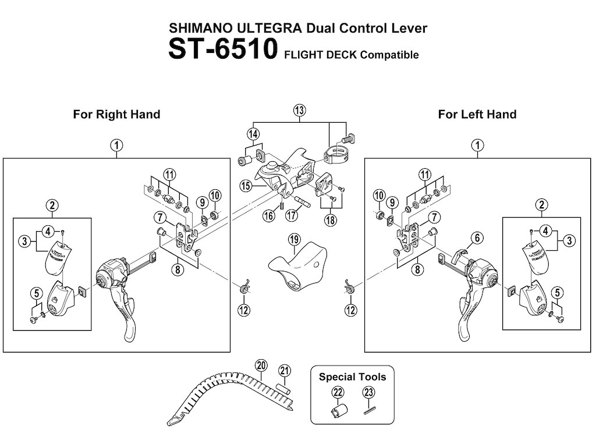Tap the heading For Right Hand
point(116,114)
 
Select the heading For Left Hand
point(477,114)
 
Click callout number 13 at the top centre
point(299,110)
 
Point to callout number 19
point(293,239)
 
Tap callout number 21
point(284,370)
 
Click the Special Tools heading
point(352,377)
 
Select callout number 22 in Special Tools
point(338,392)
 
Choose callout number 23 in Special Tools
point(367,392)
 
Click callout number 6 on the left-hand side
point(477,237)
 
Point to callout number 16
point(269,215)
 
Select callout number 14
point(253,134)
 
